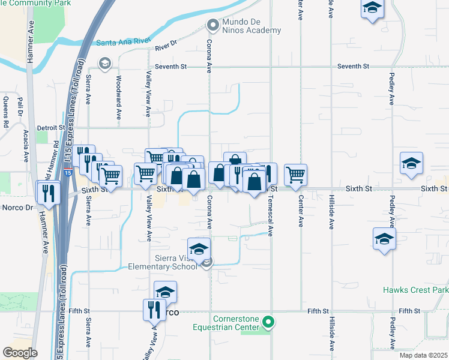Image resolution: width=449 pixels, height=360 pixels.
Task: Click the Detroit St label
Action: (x=50, y=128)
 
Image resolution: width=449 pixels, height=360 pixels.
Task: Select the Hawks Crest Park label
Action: (x=416, y=290)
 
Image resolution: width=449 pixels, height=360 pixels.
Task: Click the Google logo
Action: (x=20, y=352)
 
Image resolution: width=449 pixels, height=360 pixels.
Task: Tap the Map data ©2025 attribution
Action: (x=424, y=355)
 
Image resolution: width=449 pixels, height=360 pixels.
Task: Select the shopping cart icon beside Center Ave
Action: (x=295, y=175)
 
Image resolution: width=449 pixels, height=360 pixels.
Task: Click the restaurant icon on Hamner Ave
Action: (x=47, y=193)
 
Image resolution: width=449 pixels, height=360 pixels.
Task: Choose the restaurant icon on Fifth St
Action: (x=154, y=310)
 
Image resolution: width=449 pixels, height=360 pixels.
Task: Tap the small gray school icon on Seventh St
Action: (x=105, y=64)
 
